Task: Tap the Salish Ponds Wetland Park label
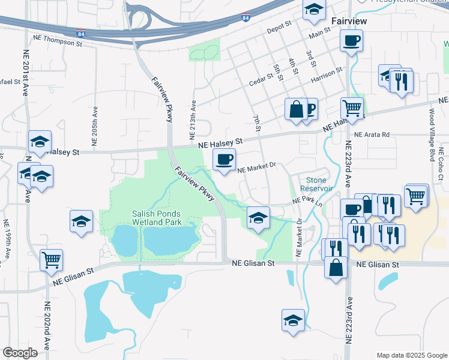(x=156, y=218)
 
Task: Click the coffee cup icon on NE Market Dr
(x=224, y=160)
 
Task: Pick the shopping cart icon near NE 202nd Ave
(x=52, y=260)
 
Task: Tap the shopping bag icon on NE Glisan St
(x=336, y=267)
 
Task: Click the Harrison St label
(x=326, y=75)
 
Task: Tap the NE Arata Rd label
(x=372, y=135)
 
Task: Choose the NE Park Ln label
(x=307, y=202)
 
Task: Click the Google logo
(x=20, y=353)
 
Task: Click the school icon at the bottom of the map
(x=294, y=319)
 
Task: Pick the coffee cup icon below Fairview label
(x=351, y=41)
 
